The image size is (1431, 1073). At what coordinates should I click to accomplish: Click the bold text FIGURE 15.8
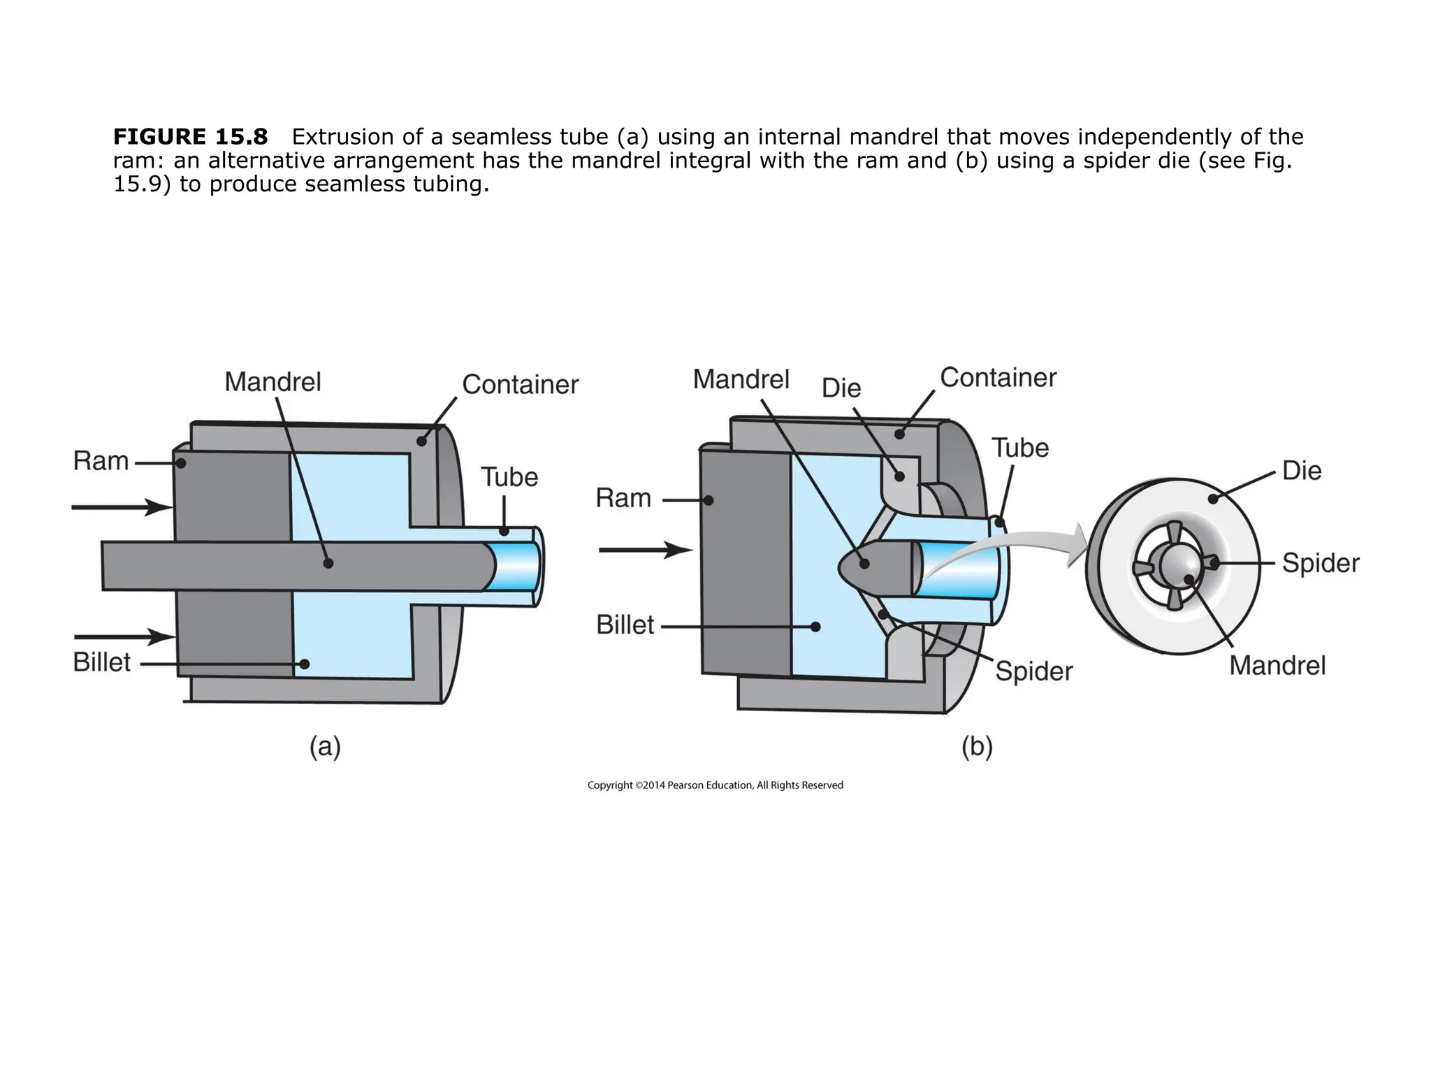tap(190, 136)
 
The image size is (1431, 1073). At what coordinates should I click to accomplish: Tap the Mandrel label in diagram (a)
tap(273, 382)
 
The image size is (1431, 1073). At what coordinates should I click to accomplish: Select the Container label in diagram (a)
tap(520, 384)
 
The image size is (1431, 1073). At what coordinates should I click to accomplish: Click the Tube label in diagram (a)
tap(509, 478)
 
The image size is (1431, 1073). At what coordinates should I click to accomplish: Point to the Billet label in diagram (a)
tap(102, 662)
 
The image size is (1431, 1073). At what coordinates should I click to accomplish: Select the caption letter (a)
tap(325, 747)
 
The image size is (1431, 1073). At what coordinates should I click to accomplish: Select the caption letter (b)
tap(976, 747)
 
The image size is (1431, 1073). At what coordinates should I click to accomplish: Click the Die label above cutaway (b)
tap(841, 388)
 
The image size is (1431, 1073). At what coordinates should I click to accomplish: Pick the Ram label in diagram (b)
tap(623, 498)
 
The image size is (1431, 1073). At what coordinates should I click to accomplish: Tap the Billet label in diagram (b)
tap(625, 625)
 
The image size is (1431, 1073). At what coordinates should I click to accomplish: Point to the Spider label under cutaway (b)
tap(1033, 671)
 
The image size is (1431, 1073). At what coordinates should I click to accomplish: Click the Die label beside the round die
tap(1302, 471)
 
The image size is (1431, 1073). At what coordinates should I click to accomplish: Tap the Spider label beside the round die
tap(1321, 563)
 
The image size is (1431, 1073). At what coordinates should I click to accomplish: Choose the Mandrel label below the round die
tap(1277, 666)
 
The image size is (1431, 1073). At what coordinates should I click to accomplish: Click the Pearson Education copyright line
tap(715, 785)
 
